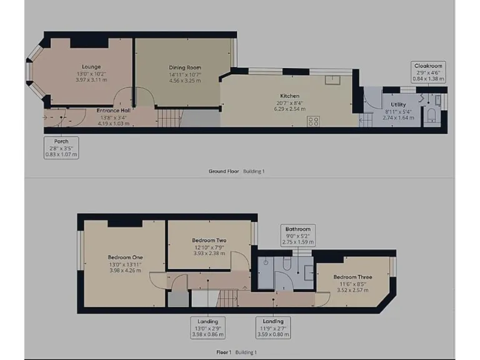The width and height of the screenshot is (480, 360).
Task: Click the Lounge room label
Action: pyautogui.click(x=91, y=67)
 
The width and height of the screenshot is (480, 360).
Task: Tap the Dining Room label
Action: pyautogui.click(x=185, y=67)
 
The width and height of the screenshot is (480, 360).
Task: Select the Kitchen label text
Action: pyautogui.click(x=289, y=96)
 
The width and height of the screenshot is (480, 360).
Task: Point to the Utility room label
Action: pyautogui.click(x=398, y=104)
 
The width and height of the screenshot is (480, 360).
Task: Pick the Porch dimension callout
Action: pyautogui.click(x=61, y=147)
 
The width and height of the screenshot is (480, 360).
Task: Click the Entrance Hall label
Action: pyautogui.click(x=113, y=111)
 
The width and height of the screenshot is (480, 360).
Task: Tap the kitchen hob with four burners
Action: pyautogui.click(x=313, y=121)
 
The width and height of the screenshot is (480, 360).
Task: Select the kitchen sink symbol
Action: pyautogui.click(x=332, y=79)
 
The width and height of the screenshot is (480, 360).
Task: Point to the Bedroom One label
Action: pyautogui.click(x=125, y=257)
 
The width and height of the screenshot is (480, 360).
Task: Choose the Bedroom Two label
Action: pyautogui.click(x=209, y=241)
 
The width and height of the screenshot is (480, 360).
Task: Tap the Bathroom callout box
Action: pyautogui.click(x=297, y=235)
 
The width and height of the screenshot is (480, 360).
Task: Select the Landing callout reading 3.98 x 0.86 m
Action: pyautogui.click(x=207, y=327)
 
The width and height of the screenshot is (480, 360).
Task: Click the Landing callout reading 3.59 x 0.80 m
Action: pyautogui.click(x=275, y=327)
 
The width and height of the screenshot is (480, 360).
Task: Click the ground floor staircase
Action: pyautogui.click(x=169, y=117)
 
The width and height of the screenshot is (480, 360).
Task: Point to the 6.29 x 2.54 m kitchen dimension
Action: pyautogui.click(x=289, y=109)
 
